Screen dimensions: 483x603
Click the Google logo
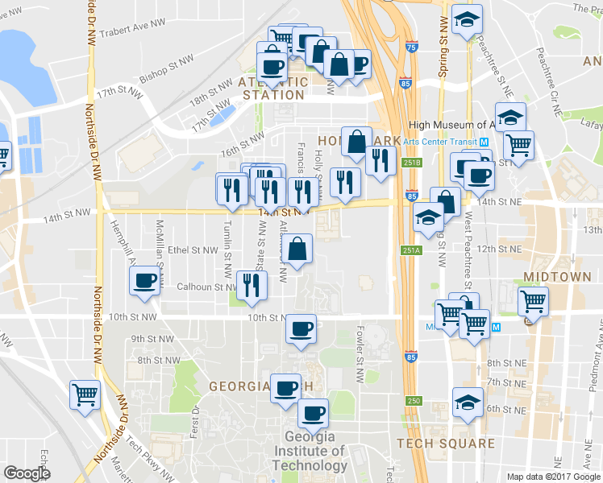pos(27,473)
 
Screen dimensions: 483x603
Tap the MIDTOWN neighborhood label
pos(557,277)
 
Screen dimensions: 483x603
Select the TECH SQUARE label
pos(446,444)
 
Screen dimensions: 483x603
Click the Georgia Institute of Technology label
pos(309,451)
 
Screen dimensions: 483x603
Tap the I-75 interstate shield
pos(412,47)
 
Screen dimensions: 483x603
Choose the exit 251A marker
pos(411,250)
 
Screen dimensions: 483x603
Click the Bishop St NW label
pos(166,70)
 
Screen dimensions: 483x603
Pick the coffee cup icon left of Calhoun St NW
pos(144,281)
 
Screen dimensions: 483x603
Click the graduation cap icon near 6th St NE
pos(467,401)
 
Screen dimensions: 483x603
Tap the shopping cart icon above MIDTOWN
pos(534,302)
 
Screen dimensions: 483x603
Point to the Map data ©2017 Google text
pos(553,476)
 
